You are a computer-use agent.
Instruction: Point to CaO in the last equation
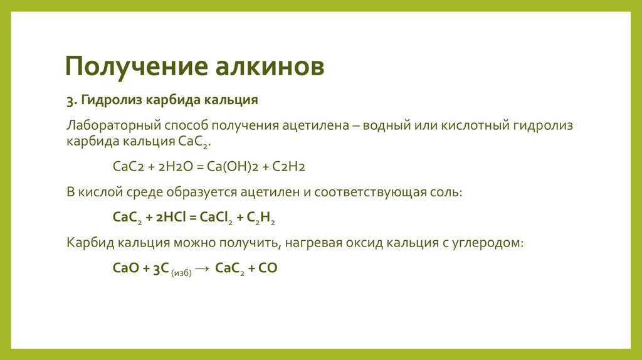click(125, 268)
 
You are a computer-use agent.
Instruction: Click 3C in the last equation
click(159, 268)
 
